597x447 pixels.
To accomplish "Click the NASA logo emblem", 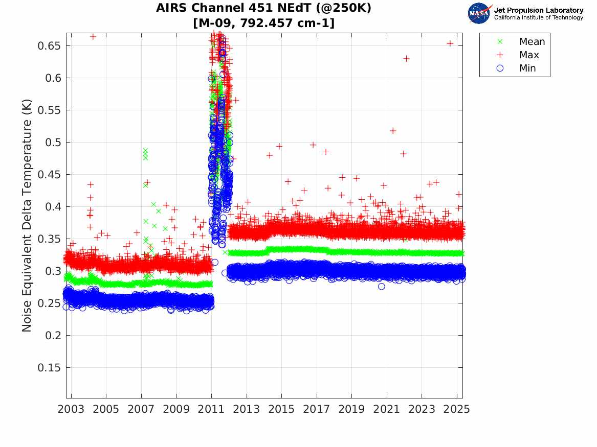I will pos(479,13).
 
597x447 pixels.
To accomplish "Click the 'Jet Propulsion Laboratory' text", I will pos(538,10).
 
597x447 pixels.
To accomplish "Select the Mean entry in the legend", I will pos(532,42).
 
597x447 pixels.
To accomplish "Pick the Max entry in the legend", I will pos(529,55).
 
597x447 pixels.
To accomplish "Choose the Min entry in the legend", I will pos(527,68).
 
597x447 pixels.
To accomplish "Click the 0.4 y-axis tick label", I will pos(53,207).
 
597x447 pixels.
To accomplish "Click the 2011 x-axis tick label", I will pos(211,409).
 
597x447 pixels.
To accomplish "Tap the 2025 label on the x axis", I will pos(456,409).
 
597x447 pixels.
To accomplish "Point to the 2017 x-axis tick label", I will pos(316,409).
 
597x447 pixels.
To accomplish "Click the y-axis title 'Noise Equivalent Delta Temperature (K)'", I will pos(27,215).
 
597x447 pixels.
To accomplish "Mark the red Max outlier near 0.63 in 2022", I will pos(406,59).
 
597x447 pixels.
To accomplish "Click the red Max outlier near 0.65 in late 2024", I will pos(450,43).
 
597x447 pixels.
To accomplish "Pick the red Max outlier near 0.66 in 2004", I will pos(93,37).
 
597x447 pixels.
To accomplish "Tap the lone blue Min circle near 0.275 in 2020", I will pos(381,287).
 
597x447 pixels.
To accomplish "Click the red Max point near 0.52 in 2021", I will pos(393,131).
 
